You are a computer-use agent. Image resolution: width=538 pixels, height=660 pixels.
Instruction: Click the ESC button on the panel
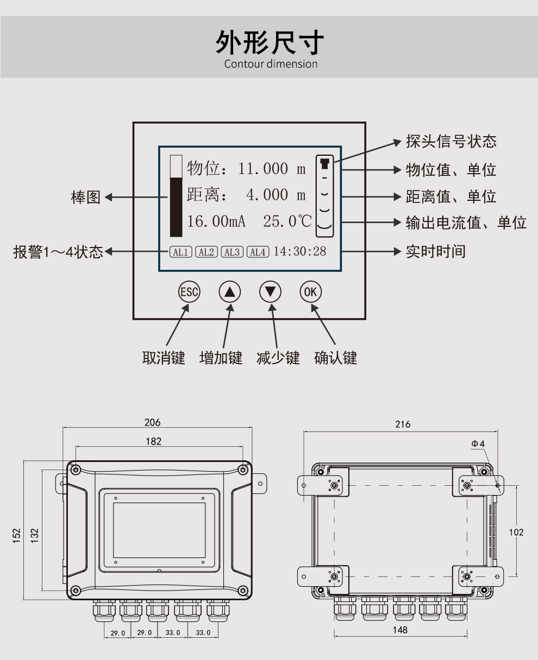189,291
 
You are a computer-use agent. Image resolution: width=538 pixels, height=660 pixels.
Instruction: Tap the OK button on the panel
310,291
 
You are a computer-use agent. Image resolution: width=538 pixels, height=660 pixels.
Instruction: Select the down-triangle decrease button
270,291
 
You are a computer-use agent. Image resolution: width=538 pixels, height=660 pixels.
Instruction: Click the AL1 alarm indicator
180,252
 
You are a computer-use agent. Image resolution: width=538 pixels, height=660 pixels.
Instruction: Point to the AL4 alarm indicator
258,252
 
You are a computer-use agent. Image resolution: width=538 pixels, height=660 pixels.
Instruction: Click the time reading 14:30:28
299,251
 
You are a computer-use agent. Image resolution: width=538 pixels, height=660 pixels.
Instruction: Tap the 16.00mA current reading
216,221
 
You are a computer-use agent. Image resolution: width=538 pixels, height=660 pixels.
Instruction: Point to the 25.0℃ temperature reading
287,221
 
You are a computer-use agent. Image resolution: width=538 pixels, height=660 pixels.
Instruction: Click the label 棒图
86,197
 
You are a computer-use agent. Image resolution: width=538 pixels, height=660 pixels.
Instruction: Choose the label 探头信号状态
451,142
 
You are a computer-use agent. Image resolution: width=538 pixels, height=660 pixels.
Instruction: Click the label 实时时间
436,251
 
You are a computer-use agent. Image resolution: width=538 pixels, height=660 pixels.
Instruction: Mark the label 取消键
164,358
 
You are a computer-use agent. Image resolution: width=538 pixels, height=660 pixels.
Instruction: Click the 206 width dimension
153,422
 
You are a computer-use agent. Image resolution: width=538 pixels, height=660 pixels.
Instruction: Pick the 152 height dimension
17,535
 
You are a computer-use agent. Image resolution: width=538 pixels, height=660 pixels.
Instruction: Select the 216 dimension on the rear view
403,424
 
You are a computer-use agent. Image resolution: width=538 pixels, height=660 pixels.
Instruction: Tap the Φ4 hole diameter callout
478,443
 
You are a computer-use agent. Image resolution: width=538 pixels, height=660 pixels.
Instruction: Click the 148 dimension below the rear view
400,630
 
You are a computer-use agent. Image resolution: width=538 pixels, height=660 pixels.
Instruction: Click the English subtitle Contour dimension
271,64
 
